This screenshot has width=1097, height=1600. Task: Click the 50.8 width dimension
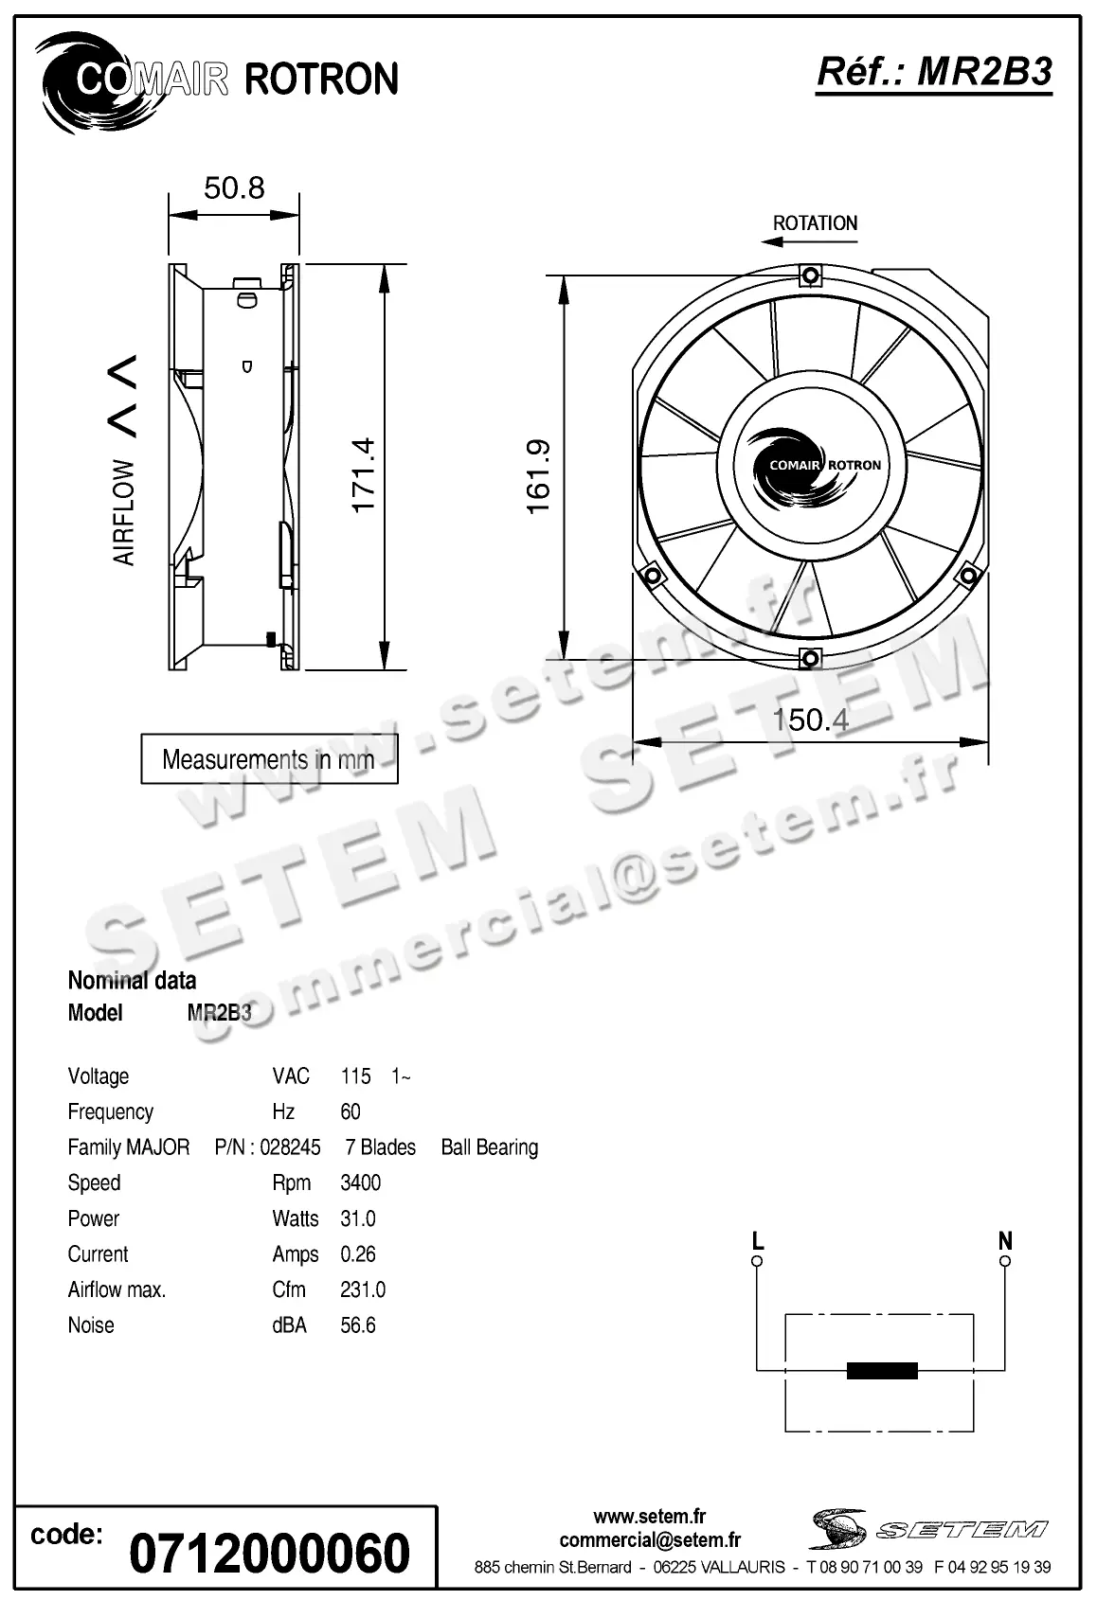[234, 187]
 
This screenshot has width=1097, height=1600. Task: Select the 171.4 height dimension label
[364, 475]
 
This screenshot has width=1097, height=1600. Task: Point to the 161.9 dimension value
[538, 476]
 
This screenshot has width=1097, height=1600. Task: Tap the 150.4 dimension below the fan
[810, 720]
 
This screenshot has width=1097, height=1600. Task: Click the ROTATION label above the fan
[815, 223]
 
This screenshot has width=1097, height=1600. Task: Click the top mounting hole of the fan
[810, 276]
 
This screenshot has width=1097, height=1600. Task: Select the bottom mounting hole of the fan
[810, 658]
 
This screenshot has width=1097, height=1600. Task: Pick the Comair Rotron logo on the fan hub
[810, 466]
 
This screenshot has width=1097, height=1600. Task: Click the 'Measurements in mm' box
[269, 759]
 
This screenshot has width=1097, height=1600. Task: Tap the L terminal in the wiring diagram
[757, 1260]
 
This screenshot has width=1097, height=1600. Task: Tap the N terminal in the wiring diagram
[1005, 1260]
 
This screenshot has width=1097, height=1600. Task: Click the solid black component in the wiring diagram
[881, 1370]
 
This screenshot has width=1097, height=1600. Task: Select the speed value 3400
[360, 1182]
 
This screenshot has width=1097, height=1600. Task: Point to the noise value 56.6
[357, 1325]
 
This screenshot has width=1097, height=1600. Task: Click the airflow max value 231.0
[362, 1289]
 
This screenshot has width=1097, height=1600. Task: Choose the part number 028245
[290, 1147]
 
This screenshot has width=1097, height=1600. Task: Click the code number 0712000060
[268, 1553]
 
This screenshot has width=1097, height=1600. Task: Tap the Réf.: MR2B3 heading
[934, 72]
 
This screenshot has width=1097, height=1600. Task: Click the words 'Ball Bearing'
[489, 1147]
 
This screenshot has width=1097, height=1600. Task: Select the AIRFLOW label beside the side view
[124, 512]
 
